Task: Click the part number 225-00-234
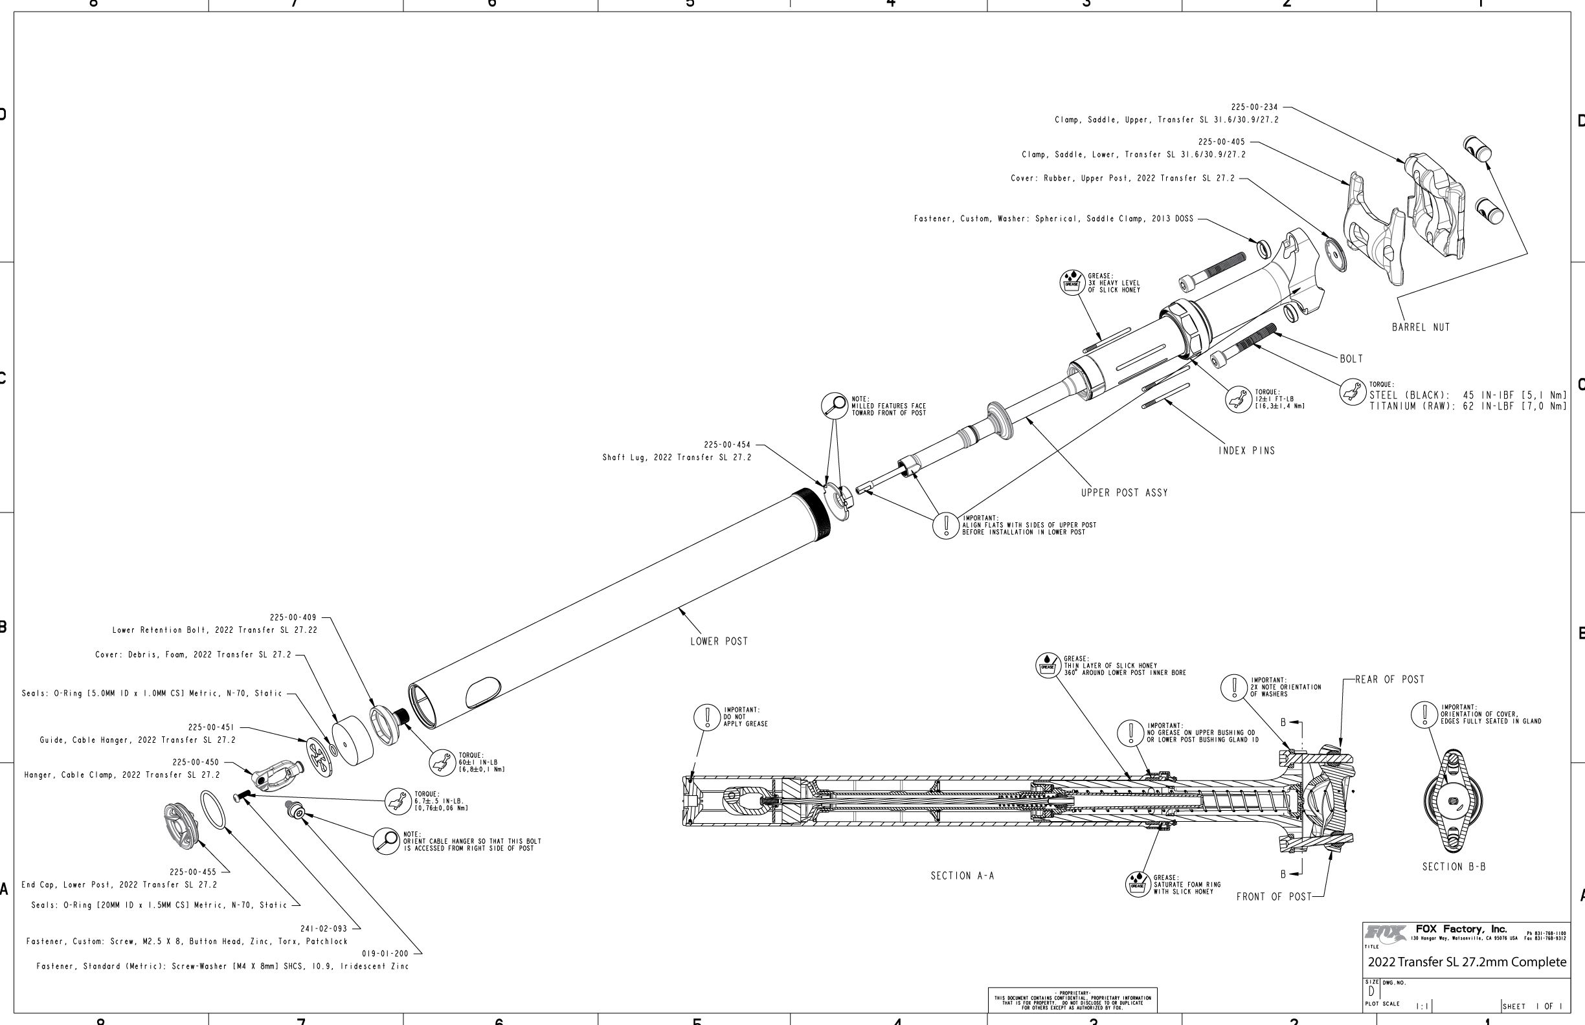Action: click(x=1254, y=107)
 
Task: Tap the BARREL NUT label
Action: click(x=1421, y=327)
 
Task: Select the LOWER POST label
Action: click(x=719, y=642)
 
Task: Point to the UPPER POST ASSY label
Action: click(x=1124, y=493)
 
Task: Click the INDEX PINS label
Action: click(x=1246, y=451)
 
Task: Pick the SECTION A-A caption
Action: click(x=961, y=876)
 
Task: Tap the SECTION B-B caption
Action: click(x=1454, y=866)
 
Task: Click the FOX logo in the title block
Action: click(x=1384, y=932)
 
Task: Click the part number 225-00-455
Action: click(x=192, y=872)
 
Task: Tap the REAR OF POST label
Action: click(x=1390, y=679)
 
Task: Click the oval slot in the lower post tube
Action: click(x=483, y=692)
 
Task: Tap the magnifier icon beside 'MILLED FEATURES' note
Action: click(x=834, y=405)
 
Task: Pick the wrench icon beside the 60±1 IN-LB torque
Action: click(x=442, y=763)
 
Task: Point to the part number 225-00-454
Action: click(x=726, y=445)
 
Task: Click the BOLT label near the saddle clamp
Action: click(x=1351, y=359)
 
